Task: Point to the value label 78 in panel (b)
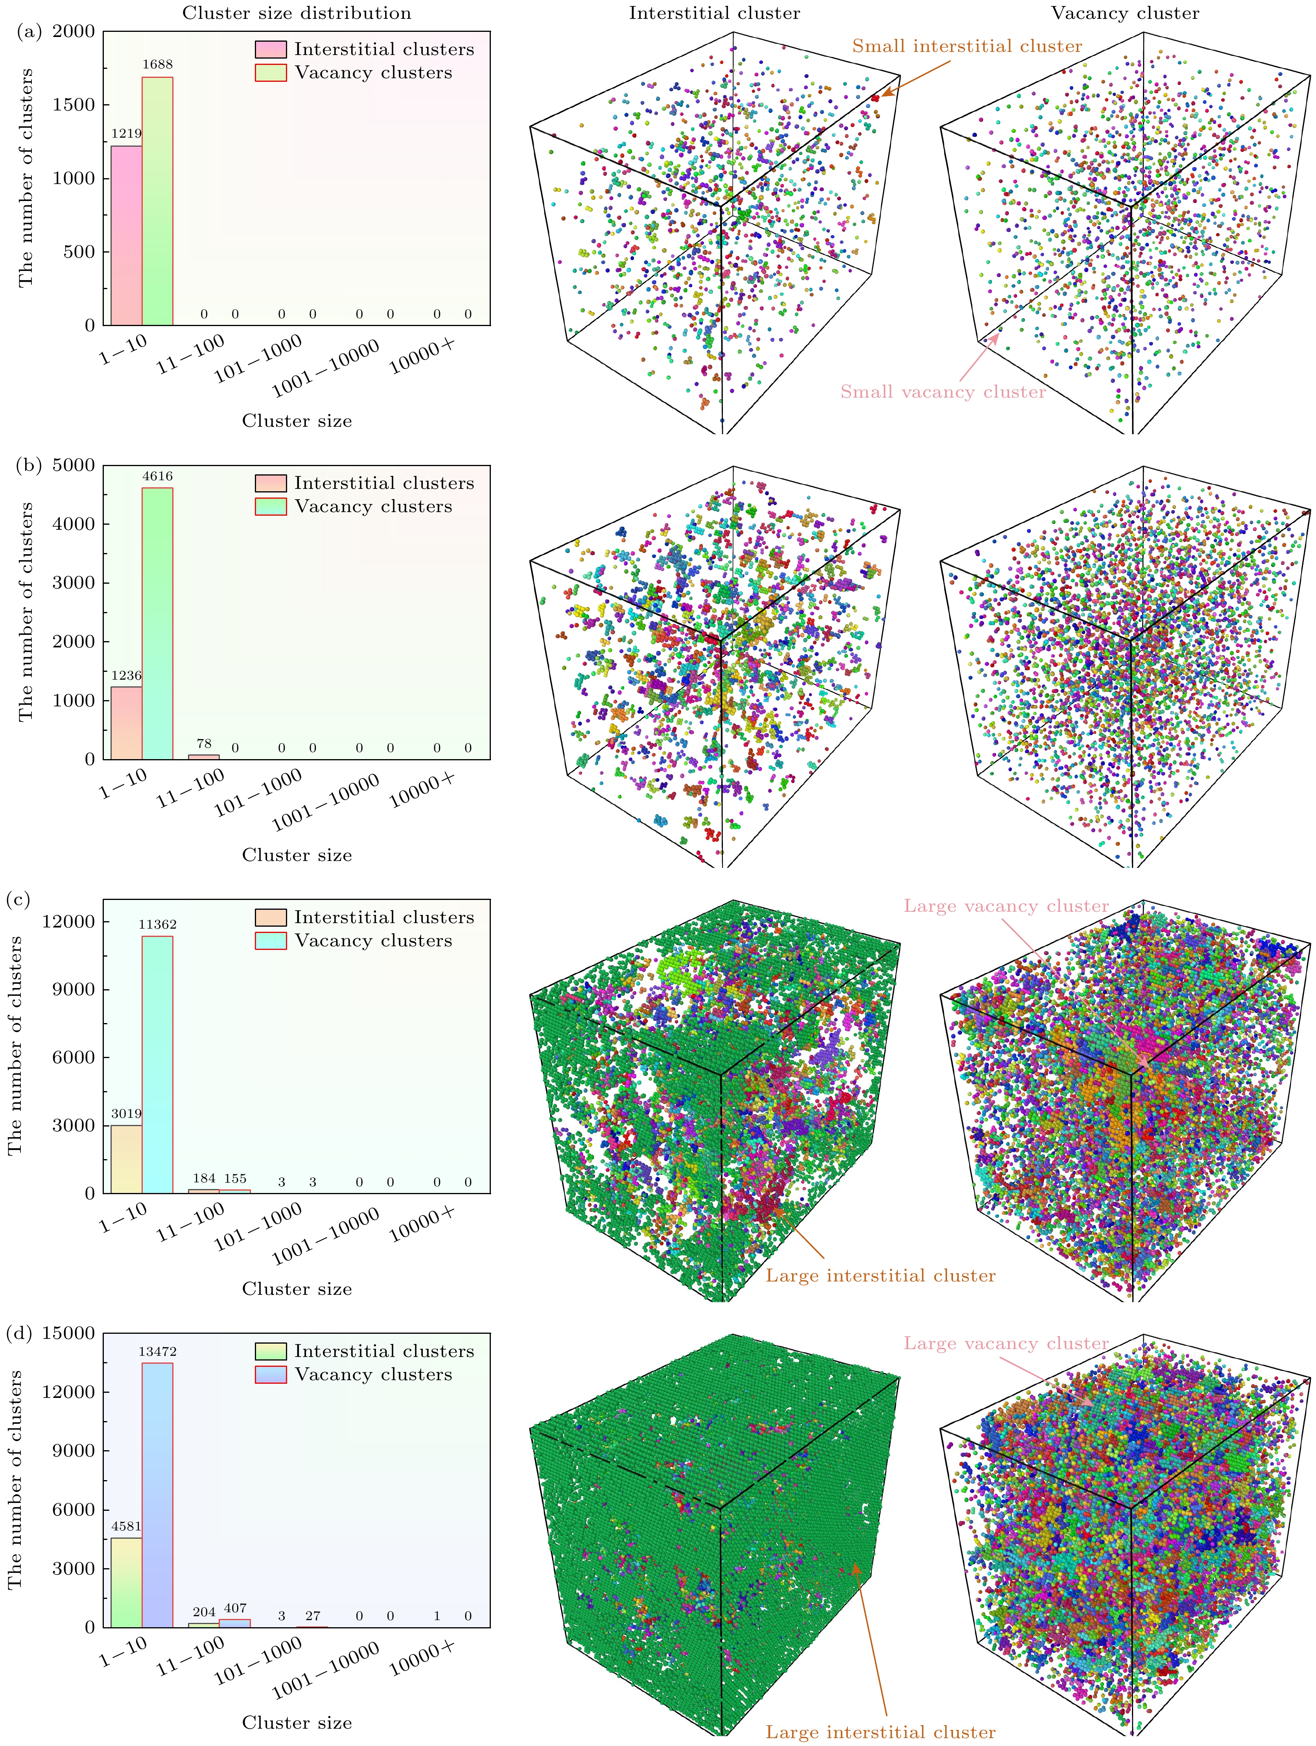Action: click(x=204, y=743)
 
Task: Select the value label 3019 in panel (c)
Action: click(x=126, y=1114)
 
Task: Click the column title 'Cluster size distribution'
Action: click(x=297, y=13)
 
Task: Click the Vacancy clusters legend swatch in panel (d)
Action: click(x=270, y=1374)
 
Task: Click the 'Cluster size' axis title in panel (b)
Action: click(x=297, y=855)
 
